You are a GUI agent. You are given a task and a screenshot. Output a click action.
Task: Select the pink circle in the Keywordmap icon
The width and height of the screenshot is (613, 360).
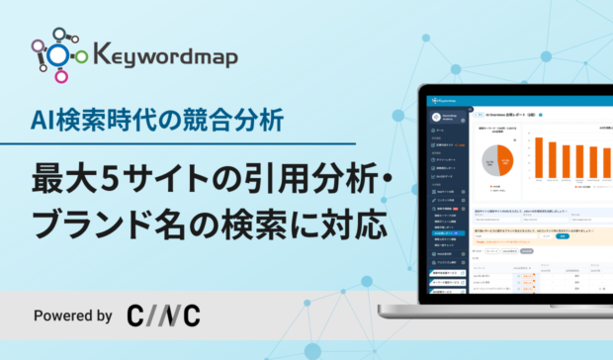click(x=60, y=76)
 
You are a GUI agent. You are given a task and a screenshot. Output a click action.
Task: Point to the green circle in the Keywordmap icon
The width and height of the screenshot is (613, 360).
click(x=83, y=55)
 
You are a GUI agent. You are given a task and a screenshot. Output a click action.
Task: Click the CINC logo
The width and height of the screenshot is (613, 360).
click(x=163, y=316)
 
